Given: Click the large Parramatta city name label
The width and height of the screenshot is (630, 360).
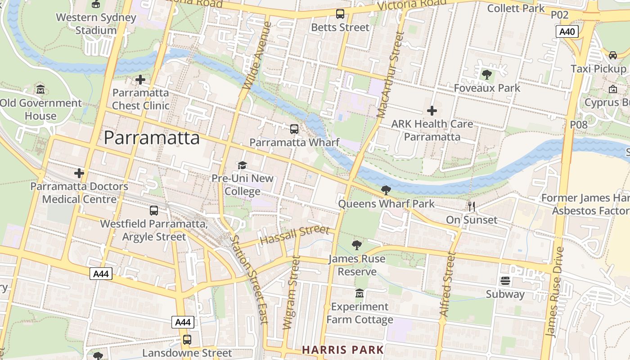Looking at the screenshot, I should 152,138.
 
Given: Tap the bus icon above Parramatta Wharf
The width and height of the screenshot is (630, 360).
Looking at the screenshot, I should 294,129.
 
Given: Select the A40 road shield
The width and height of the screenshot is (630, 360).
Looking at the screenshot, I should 567,31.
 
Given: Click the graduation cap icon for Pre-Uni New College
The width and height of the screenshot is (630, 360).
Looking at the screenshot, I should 242,165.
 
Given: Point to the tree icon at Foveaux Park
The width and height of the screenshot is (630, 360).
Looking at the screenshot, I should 486,74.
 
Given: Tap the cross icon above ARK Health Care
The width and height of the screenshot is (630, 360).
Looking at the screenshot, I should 432,110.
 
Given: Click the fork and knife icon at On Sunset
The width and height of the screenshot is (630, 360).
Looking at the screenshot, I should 472,207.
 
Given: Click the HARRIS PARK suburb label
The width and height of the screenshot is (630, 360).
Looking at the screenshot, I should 343,350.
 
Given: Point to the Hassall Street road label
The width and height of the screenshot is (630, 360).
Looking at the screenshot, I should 295,235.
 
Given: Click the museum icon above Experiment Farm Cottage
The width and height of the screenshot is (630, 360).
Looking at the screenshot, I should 359,293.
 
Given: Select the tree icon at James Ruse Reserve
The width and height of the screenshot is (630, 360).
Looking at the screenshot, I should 357,245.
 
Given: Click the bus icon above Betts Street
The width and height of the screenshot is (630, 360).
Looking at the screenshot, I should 340,14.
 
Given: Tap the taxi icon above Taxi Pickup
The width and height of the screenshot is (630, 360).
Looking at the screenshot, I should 612,55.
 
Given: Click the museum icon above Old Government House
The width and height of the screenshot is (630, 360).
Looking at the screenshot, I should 40,90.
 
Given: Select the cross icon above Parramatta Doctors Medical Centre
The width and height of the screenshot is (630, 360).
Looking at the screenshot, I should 79,173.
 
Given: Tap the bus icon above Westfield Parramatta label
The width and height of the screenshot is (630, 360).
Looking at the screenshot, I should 154,210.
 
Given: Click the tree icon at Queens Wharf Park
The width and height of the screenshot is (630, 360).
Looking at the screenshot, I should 386,190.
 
